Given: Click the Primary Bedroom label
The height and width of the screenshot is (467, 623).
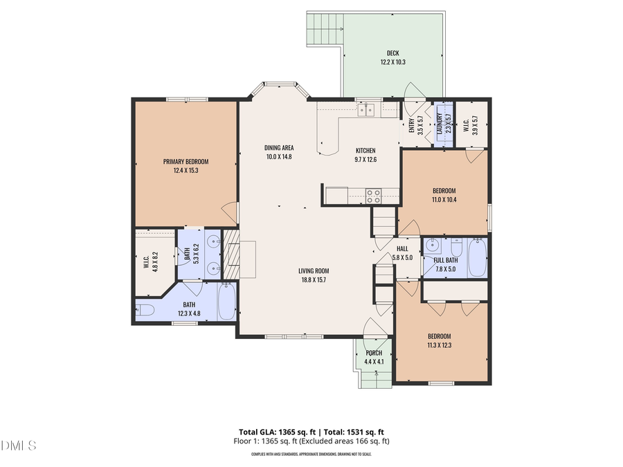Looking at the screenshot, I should [186, 161].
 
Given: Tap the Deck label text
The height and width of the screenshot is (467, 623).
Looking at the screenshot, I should [392, 53].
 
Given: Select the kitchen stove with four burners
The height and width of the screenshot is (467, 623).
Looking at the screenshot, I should [374, 196].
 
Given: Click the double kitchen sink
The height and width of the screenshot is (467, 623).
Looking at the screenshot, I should [366, 109].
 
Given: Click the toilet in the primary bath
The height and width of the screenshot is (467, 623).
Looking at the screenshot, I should [145, 310].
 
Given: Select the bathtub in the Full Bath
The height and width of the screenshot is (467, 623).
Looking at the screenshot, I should [477, 257].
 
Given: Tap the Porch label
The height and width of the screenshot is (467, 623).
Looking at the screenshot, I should [373, 353].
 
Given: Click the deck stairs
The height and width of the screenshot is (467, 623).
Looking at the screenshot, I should [324, 28].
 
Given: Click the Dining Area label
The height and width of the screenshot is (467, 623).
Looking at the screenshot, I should [279, 148].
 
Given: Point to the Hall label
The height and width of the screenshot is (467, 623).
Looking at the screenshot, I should [402, 248].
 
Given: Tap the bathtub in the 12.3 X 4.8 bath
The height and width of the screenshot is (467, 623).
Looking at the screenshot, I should [227, 304].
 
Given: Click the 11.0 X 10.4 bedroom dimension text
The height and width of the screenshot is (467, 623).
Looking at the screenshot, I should [444, 200].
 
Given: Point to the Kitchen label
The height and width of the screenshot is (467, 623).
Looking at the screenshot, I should [365, 151].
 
